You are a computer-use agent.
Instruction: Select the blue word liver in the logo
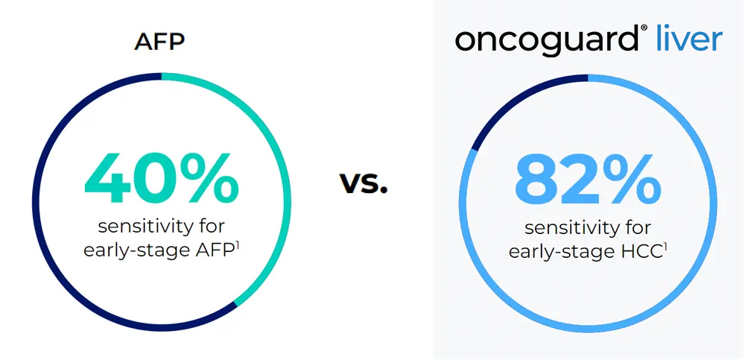tap(688, 38)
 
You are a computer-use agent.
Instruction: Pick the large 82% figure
tap(588, 183)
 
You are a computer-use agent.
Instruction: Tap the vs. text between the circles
tap(364, 183)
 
